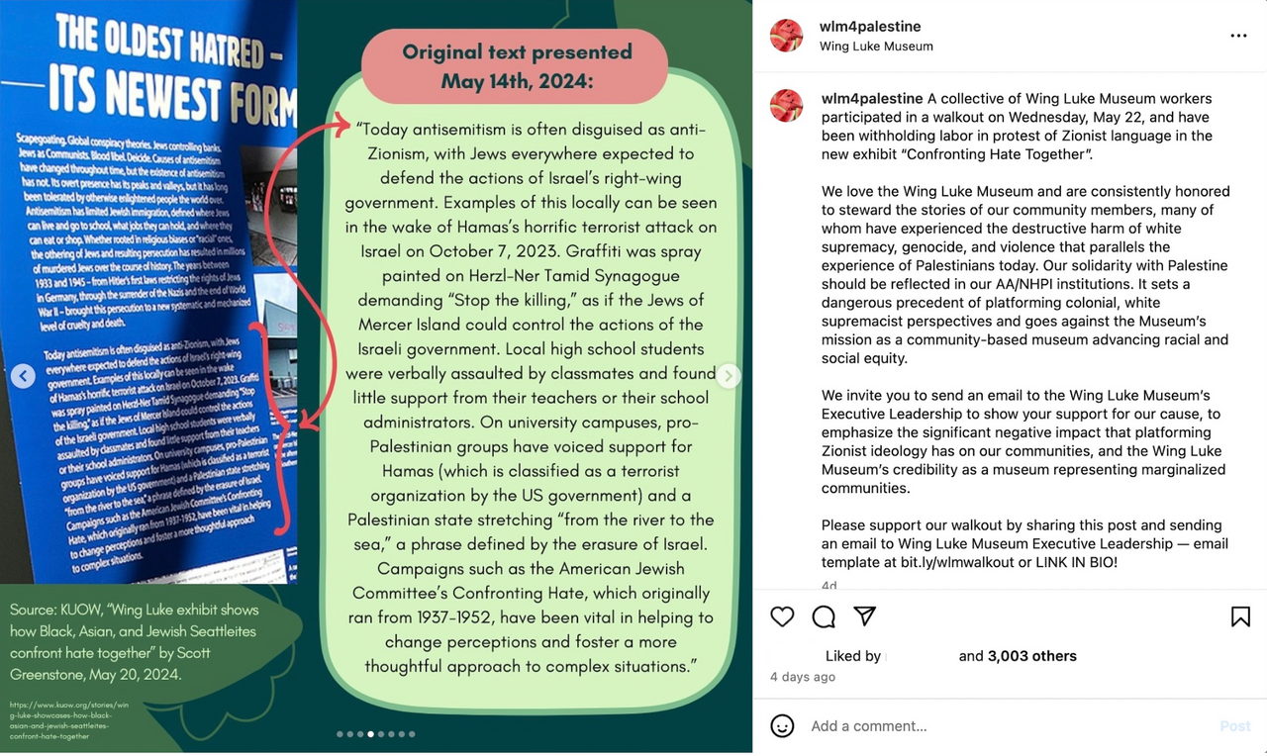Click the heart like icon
click(x=782, y=616)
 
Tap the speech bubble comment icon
click(x=824, y=616)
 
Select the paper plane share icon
click(x=865, y=616)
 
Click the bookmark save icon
click(x=1240, y=616)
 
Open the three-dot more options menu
click(x=1238, y=36)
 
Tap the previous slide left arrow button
click(x=24, y=376)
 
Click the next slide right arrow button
click(x=729, y=376)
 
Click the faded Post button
click(x=1234, y=726)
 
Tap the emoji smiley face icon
click(x=782, y=726)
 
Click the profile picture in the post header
click(x=787, y=35)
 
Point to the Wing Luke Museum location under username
click(x=876, y=47)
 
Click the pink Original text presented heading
click(x=516, y=66)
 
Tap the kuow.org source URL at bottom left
click(x=69, y=720)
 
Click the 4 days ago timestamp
click(x=803, y=677)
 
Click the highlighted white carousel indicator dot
click(x=370, y=734)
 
